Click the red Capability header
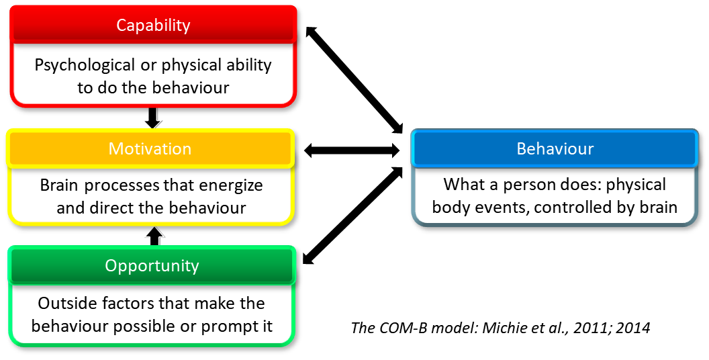pyautogui.click(x=153, y=24)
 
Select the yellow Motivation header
pyautogui.click(x=150, y=148)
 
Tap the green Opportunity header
pyautogui.click(x=152, y=265)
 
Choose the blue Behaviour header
pyautogui.click(x=555, y=148)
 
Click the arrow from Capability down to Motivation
pyautogui.click(x=153, y=118)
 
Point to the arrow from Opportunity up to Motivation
pyautogui.click(x=154, y=236)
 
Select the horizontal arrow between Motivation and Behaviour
pyautogui.click(x=352, y=150)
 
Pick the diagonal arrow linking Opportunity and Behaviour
pyautogui.click(x=352, y=215)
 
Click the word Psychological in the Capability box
pyautogui.click(x=85, y=65)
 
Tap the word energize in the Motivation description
pyautogui.click(x=230, y=186)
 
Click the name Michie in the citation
pyautogui.click(x=498, y=327)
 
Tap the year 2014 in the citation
pyautogui.click(x=634, y=327)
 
